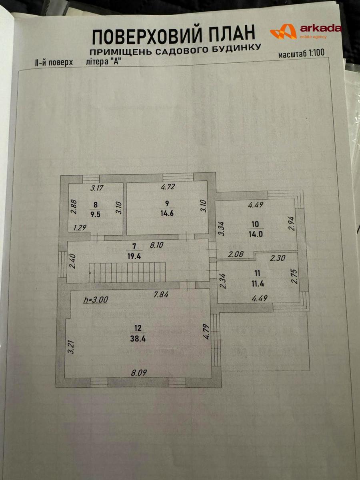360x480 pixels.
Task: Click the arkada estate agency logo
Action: pyautogui.click(x=306, y=32)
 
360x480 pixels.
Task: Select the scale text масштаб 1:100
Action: pyautogui.click(x=302, y=54)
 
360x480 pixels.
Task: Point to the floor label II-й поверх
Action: pyautogui.click(x=54, y=63)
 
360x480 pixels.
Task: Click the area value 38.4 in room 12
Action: pyautogui.click(x=138, y=339)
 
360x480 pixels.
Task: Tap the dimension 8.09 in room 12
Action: pyautogui.click(x=139, y=373)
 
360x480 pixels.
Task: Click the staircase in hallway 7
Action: pyautogui.click(x=127, y=272)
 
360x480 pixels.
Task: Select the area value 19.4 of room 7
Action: pyautogui.click(x=134, y=256)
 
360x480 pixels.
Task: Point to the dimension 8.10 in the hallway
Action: pyautogui.click(x=156, y=245)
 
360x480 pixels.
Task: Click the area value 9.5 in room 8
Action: pyautogui.click(x=95, y=214)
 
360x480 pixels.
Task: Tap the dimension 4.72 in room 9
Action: pyautogui.click(x=168, y=186)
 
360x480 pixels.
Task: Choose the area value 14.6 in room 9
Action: pyautogui.click(x=167, y=213)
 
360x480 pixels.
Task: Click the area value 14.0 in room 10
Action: pyautogui.click(x=256, y=234)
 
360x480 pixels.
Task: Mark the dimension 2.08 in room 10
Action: pyautogui.click(x=236, y=254)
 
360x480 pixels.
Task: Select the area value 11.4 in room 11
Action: pyautogui.click(x=258, y=284)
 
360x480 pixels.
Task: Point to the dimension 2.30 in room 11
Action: pyautogui.click(x=278, y=258)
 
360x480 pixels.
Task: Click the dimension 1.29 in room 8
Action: pyautogui.click(x=80, y=228)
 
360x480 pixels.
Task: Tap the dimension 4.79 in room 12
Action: pyautogui.click(x=207, y=332)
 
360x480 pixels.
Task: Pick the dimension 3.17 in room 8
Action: pyautogui.click(x=97, y=188)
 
